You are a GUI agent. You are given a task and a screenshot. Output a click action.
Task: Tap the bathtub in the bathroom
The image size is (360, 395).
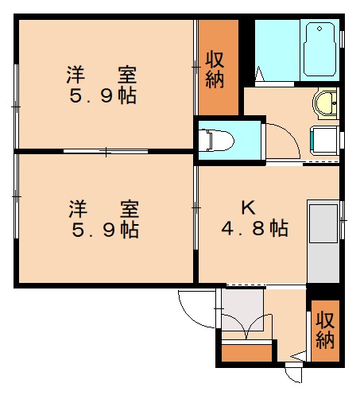coord(319,48)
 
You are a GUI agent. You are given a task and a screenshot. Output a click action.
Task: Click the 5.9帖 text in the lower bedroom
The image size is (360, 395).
coord(103,230)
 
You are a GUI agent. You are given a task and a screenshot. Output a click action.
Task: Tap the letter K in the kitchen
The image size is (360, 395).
coord(248,208)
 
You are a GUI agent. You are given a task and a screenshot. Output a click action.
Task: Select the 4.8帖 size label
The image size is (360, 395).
coord(254,229)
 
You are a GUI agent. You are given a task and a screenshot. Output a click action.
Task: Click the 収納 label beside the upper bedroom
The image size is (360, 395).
coord(216,69)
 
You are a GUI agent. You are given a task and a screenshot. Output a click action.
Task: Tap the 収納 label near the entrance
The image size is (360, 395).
coord(324,331)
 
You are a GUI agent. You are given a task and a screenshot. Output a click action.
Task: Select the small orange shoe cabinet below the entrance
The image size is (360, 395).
coord(246,353)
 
